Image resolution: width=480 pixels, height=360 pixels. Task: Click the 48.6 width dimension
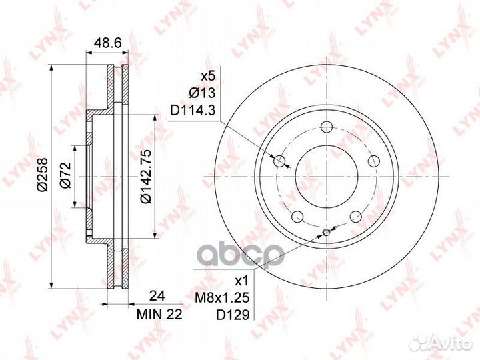tap(107, 43)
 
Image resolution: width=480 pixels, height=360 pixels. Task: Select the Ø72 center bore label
tap(65, 175)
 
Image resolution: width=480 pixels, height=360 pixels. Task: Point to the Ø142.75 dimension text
tap(145, 176)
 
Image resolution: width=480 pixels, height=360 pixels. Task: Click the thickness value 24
tap(157, 296)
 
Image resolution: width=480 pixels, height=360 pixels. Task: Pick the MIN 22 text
tap(159, 315)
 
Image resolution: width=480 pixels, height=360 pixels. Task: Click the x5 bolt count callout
tap(209, 75)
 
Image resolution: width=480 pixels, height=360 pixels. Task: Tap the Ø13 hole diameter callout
tap(202, 93)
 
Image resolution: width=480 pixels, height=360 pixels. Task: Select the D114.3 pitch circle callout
tap(193, 110)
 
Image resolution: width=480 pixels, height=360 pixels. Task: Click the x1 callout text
tap(242, 281)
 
